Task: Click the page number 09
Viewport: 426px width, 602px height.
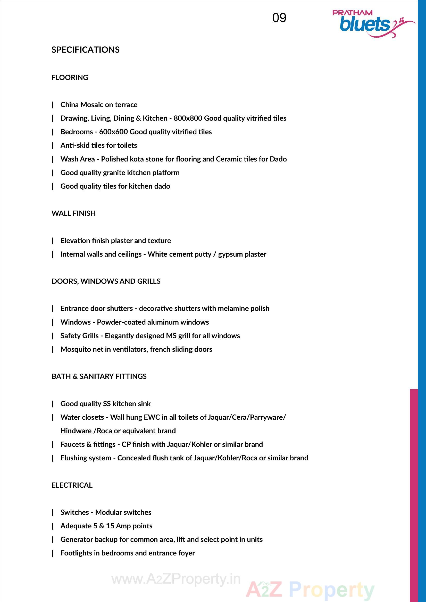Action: click(279, 18)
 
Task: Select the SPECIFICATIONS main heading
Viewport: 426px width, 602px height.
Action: click(85, 49)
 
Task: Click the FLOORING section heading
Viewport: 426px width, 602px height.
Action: click(70, 78)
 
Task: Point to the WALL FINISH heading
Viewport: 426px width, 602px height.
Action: click(73, 213)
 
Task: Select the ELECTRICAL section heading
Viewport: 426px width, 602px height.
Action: click(72, 485)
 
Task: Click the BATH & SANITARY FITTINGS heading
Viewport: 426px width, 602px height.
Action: click(99, 376)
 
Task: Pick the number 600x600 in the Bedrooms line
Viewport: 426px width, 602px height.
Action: click(113, 132)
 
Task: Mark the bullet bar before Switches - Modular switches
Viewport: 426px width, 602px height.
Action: click(53, 512)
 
